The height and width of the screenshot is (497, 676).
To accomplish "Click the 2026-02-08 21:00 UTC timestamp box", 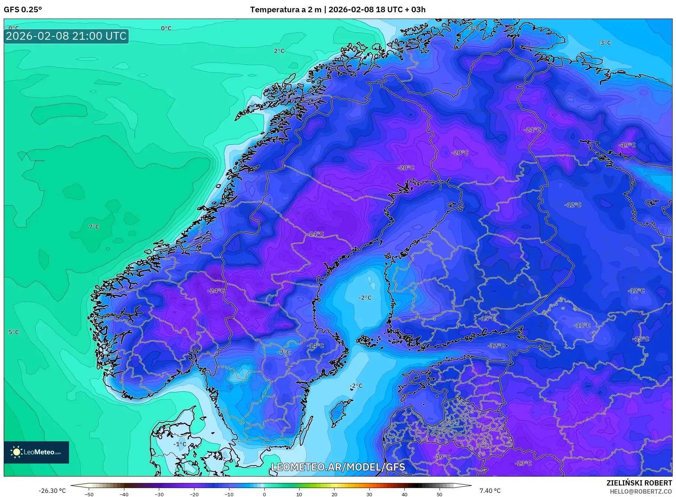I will tap(66, 36).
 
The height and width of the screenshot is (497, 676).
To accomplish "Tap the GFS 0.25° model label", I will tap(23, 10).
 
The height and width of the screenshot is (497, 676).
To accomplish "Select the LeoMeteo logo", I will tap(36, 452).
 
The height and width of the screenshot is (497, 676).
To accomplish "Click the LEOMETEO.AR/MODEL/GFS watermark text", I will tap(338, 467).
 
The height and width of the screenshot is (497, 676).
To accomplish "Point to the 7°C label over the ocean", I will tap(94, 227).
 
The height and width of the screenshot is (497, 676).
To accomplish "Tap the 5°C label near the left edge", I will tap(14, 332).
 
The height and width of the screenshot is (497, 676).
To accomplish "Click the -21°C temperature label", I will tap(532, 130).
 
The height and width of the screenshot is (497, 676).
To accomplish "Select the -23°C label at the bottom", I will tap(523, 463).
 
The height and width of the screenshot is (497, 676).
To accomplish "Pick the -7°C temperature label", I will tap(284, 352).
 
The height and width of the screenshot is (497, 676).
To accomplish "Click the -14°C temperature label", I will tap(315, 345).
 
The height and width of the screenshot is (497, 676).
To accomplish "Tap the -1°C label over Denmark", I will tap(180, 444).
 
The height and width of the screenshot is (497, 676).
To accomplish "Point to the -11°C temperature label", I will tap(582, 325).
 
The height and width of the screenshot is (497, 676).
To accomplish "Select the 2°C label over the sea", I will tap(279, 51).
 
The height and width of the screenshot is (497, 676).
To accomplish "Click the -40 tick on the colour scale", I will tap(124, 494).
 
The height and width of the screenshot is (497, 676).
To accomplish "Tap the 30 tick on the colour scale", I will tap(369, 494).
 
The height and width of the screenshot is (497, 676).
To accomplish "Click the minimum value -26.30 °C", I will tap(52, 491).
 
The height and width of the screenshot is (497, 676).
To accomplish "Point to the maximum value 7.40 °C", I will tap(490, 491).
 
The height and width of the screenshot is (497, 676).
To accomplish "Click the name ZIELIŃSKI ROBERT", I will tap(639, 483).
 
